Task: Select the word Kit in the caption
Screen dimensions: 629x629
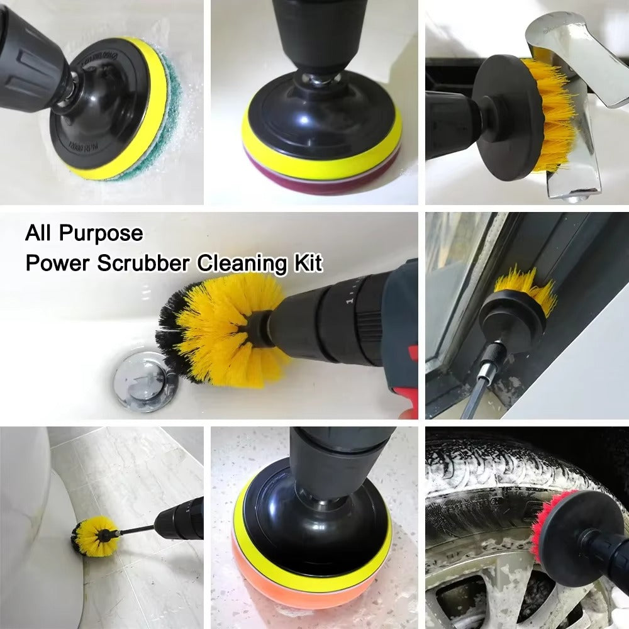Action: point(307,262)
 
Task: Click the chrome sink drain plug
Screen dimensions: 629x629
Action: point(142,381)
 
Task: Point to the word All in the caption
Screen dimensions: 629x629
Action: point(39,234)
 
